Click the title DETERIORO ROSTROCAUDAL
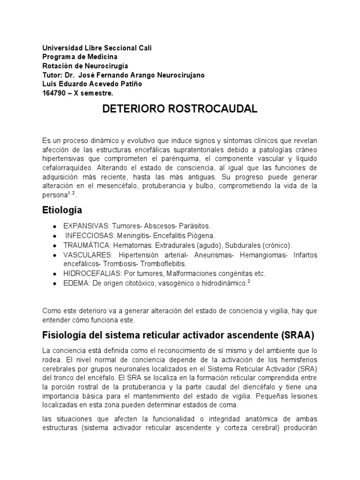pyautogui.click(x=180, y=109)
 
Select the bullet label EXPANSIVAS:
pyautogui.click(x=86, y=226)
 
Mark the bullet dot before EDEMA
pyautogui.click(x=55, y=284)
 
